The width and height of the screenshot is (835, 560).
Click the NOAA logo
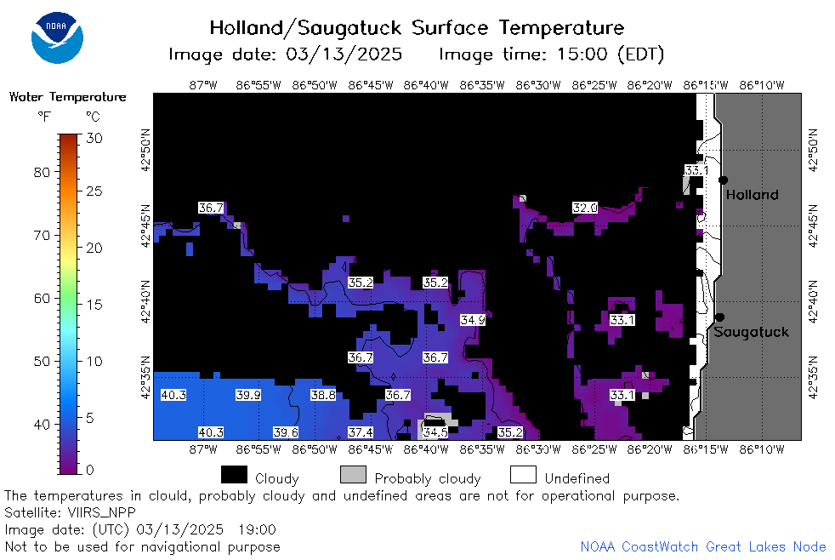point(57,37)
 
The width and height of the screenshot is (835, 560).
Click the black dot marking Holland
point(723,180)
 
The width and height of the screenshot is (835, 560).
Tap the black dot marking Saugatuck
point(719,317)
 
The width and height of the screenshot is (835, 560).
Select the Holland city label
point(752,195)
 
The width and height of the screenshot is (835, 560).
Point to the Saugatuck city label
point(751,332)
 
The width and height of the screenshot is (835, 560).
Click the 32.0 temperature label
point(585,208)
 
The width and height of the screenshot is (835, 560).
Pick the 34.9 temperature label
point(473,320)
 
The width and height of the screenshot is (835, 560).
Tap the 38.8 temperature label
point(323,396)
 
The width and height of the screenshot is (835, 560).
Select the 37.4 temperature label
point(361,432)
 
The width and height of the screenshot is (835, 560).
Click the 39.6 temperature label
point(286,432)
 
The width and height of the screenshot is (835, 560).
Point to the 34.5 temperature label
point(435,432)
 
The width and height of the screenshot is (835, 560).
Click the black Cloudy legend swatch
point(234,475)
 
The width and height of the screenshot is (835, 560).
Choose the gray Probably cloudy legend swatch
point(353,475)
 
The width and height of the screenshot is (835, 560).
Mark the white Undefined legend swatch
point(523,475)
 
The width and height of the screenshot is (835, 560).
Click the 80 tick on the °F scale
point(42,172)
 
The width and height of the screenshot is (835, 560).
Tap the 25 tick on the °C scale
point(94,191)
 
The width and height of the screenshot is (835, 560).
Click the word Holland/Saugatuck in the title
point(305,28)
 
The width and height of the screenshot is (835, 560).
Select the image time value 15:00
point(582,54)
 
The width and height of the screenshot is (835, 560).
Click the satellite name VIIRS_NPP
point(102,512)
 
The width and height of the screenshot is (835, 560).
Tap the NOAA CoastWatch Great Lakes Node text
point(703,546)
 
